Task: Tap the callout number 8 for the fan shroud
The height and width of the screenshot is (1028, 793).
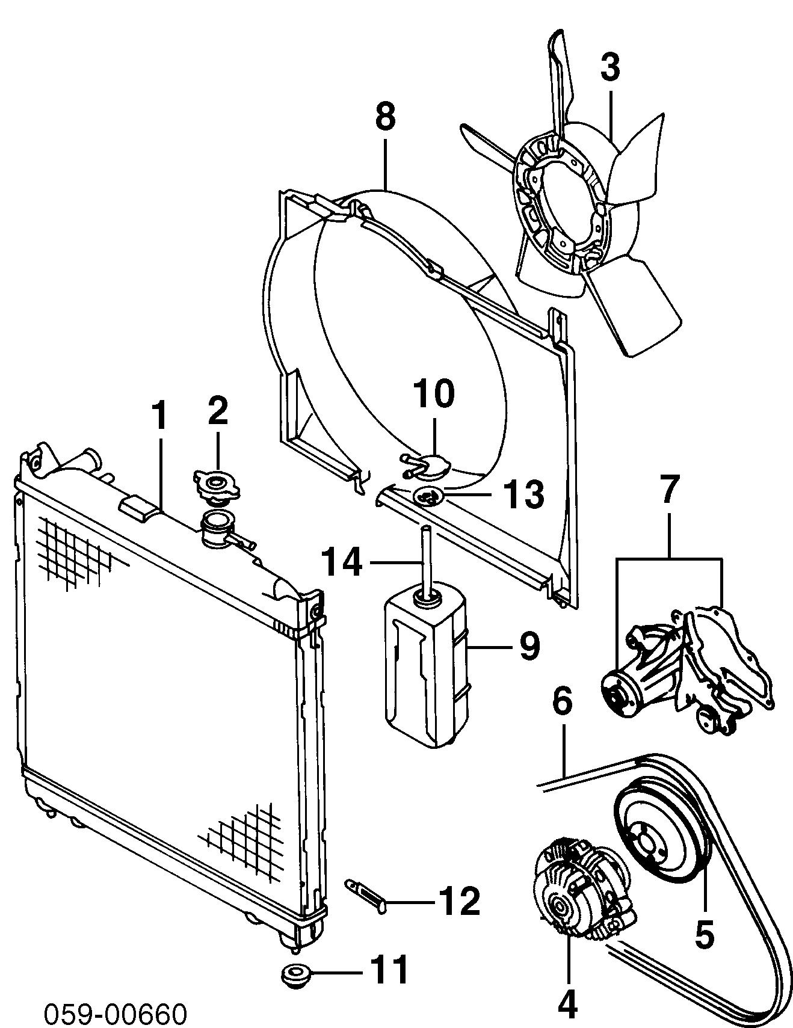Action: coord(386,117)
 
